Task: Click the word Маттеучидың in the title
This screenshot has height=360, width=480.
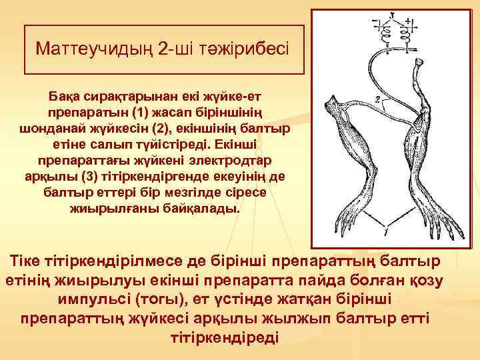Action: coord(84,49)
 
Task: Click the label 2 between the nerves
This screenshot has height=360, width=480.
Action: coord(377,101)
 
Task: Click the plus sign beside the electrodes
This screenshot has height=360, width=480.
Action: coord(414,22)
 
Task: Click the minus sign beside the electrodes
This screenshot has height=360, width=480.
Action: coord(374,22)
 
